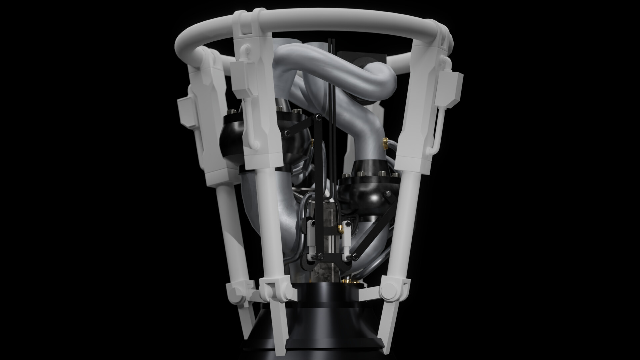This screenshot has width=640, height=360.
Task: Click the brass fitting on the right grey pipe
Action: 385,143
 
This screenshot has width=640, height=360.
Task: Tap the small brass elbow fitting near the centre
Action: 341,228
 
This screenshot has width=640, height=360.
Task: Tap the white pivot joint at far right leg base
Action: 388,288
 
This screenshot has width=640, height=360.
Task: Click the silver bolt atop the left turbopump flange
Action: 279,108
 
